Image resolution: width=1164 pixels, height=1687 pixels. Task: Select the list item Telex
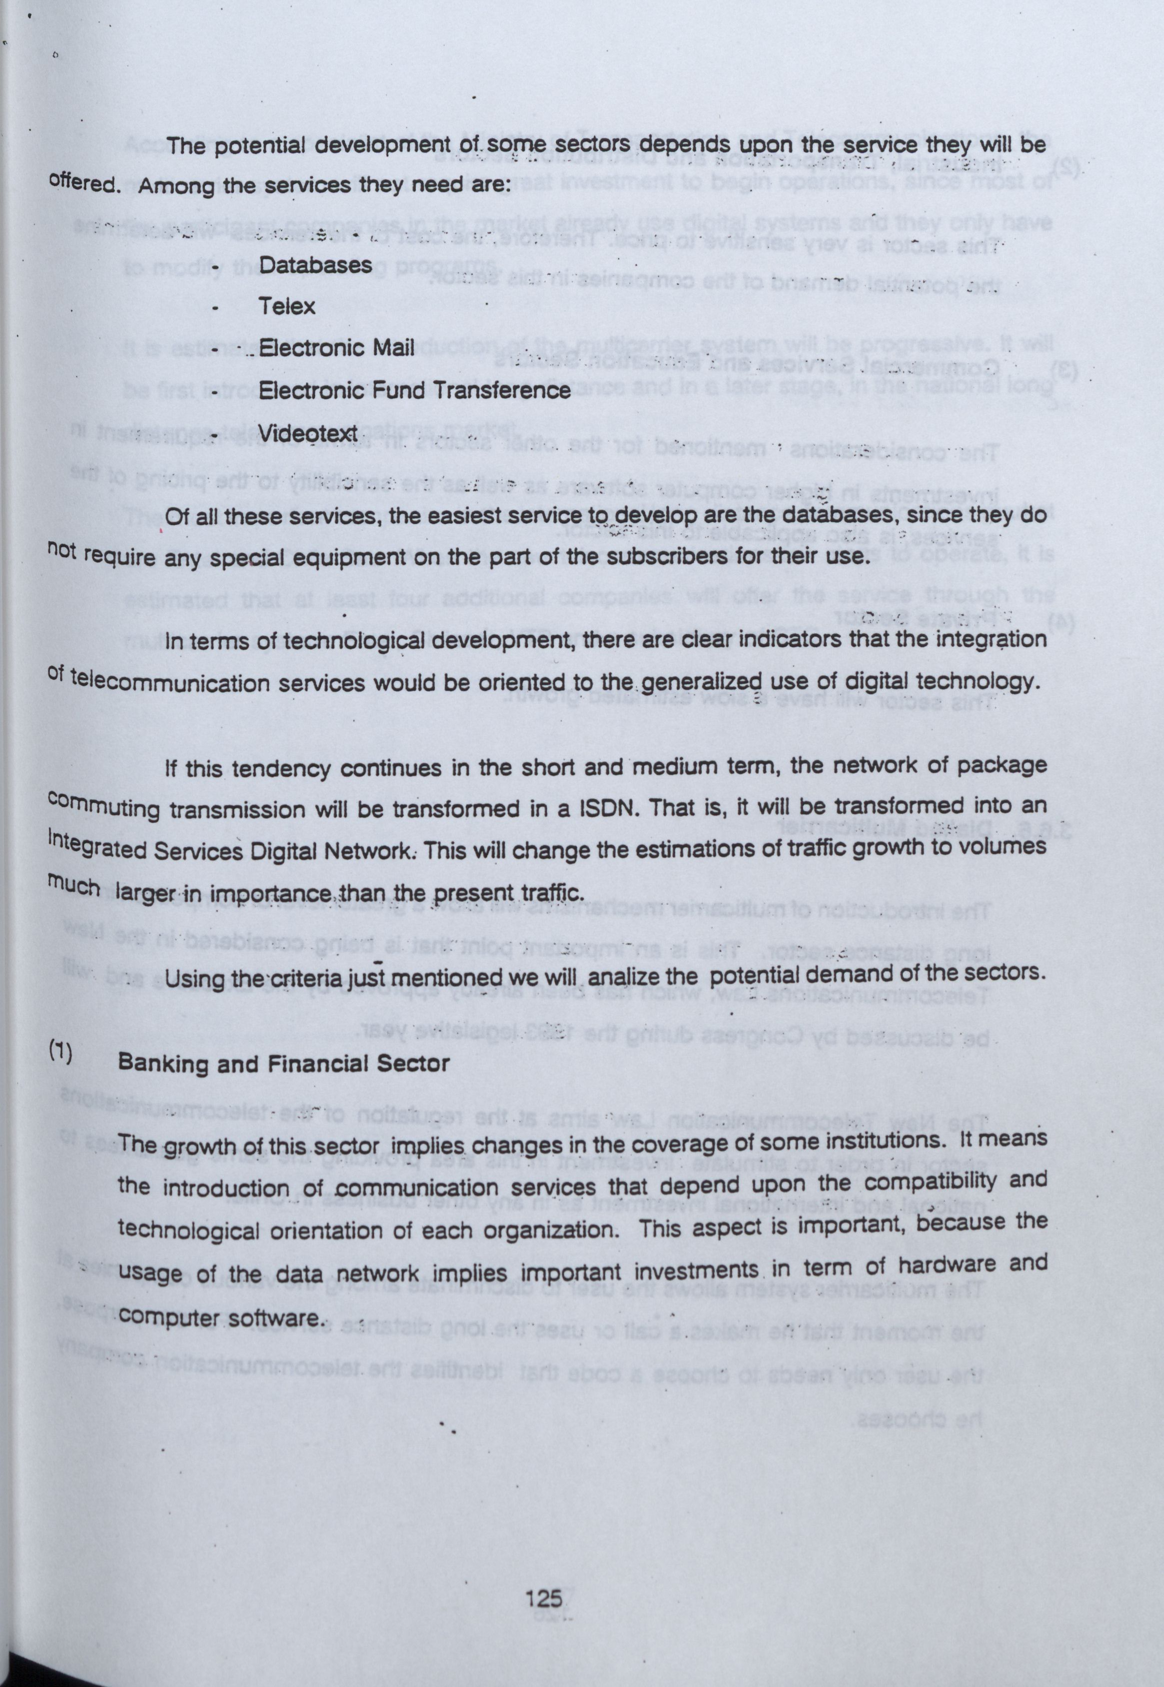(x=287, y=306)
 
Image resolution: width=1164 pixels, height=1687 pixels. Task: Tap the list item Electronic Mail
(x=337, y=347)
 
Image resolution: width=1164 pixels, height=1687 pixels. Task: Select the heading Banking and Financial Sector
(x=284, y=1063)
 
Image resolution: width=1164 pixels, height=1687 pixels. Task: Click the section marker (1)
(x=60, y=1055)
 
